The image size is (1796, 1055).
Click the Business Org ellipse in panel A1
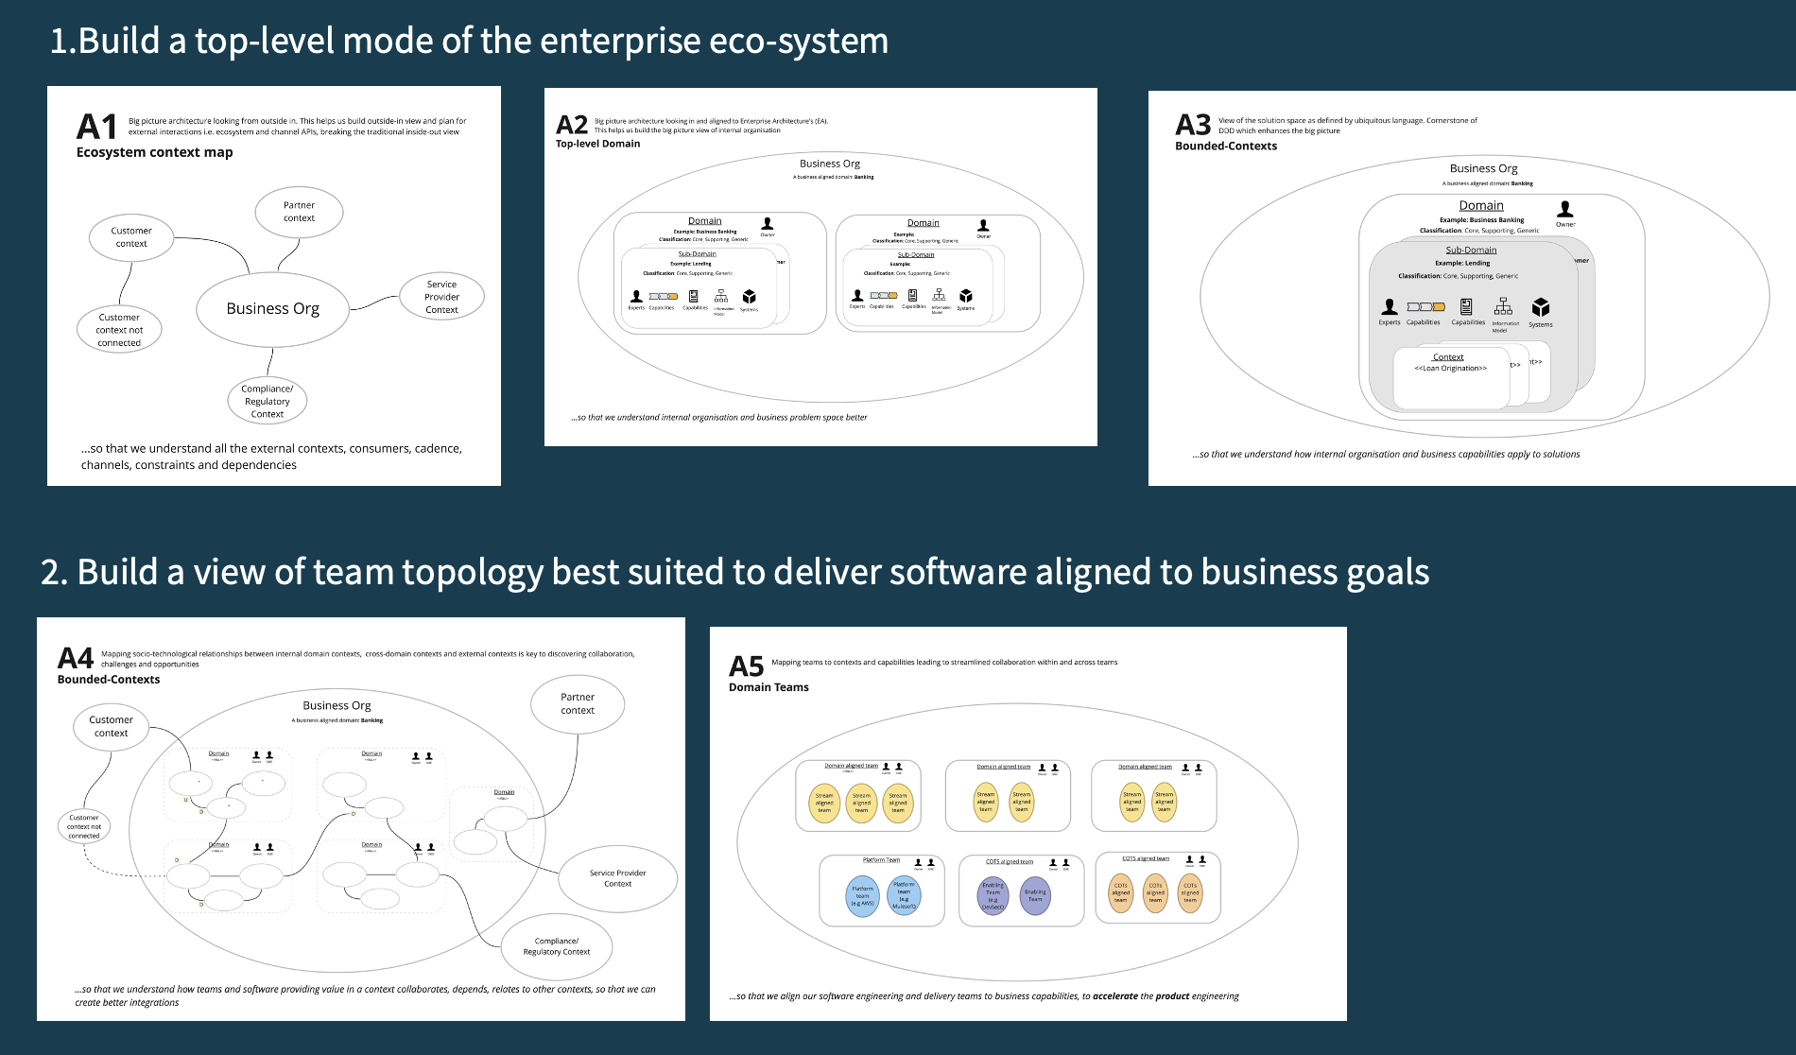point(272,309)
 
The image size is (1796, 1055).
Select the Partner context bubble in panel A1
point(299,212)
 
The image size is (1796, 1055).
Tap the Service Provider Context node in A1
point(441,297)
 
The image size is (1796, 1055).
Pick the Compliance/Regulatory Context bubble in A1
point(268,401)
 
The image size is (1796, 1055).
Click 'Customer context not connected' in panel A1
point(119,330)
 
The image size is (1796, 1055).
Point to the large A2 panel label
point(572,125)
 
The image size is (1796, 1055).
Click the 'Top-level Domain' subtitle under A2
point(597,144)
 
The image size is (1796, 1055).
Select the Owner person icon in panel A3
point(1565,209)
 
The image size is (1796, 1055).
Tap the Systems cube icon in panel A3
point(1541,307)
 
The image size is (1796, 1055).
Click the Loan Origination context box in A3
point(1450,377)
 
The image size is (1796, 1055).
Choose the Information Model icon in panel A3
point(1503,306)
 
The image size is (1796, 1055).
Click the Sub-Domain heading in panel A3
point(1471,251)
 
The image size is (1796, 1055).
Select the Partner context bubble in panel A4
point(578,703)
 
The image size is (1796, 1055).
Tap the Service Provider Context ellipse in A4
point(617,878)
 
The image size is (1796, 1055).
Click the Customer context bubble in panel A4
point(112,726)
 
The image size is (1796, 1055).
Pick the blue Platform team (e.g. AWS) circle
point(863,895)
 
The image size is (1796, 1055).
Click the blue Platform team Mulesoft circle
point(904,894)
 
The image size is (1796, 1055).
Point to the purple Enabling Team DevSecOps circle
point(993,895)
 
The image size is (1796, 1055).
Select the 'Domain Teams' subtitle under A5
point(768,687)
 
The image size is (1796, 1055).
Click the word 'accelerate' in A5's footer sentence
point(1114,995)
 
